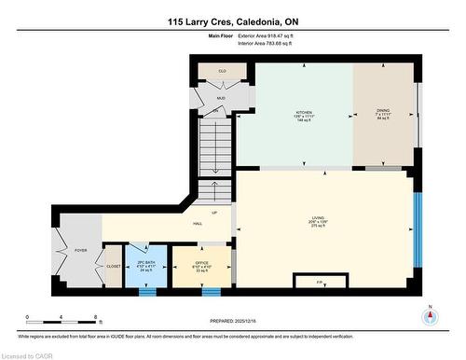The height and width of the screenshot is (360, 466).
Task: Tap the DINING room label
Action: tap(382, 111)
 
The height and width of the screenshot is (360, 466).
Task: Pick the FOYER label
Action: tap(79, 249)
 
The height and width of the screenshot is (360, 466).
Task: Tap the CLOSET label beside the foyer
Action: tap(113, 266)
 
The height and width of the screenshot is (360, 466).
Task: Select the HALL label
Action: tap(198, 224)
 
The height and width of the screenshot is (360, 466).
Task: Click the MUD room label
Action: tap(221, 97)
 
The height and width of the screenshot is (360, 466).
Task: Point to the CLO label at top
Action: tap(222, 70)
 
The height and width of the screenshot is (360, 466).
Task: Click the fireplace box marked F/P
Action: tap(320, 282)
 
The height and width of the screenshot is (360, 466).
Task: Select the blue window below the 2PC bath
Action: tap(146, 291)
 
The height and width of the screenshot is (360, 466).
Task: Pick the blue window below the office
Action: tap(210, 291)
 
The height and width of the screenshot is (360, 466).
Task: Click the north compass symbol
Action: tap(429, 316)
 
